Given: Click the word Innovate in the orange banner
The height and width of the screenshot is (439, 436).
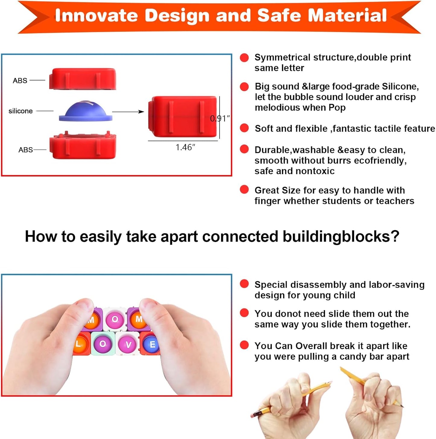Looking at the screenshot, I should (96, 16).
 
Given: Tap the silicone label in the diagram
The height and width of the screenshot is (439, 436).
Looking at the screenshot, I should (21, 111).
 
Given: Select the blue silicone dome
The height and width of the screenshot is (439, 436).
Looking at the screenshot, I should (85, 111).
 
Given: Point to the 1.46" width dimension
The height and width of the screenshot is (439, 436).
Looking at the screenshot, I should (185, 147).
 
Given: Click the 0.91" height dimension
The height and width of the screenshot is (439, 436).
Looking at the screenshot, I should (220, 118).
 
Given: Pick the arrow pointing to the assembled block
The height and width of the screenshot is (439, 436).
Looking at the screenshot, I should (128, 112).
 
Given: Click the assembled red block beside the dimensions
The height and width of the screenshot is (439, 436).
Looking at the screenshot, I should (182, 116).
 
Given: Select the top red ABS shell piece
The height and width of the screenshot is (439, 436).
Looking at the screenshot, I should (83, 79).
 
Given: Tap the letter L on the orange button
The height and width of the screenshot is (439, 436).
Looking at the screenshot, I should (78, 344).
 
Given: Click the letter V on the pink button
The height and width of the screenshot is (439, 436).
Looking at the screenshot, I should (129, 345).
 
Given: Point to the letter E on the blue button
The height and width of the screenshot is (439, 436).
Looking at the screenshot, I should (152, 344).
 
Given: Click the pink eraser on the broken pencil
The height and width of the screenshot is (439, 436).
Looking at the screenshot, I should (254, 414).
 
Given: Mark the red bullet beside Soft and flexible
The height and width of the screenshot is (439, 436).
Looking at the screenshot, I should (244, 128).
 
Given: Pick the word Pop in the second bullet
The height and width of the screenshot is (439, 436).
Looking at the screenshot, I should (337, 108).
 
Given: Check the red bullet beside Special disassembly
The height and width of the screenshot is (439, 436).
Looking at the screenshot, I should (244, 284).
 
